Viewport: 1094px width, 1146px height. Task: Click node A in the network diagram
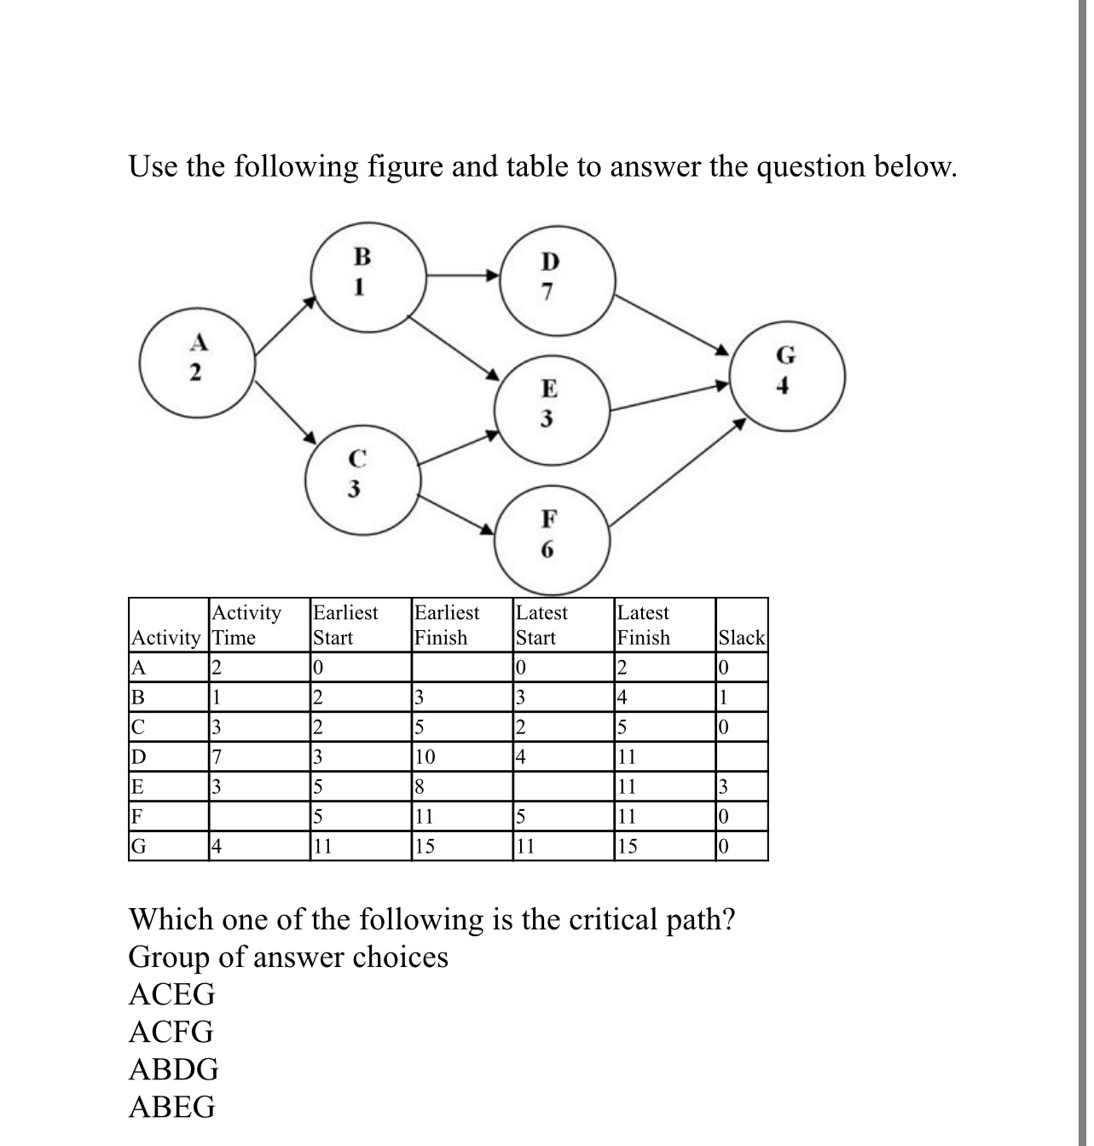point(198,358)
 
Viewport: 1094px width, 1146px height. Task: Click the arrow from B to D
point(461,275)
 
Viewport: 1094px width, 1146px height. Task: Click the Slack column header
point(742,638)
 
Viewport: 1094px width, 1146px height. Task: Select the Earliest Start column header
point(345,625)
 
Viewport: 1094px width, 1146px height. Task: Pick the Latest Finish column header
point(644,625)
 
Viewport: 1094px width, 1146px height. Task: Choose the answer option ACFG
point(171,1033)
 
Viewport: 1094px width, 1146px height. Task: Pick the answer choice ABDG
point(174,1069)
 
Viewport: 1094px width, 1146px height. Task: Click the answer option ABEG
point(172,1107)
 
